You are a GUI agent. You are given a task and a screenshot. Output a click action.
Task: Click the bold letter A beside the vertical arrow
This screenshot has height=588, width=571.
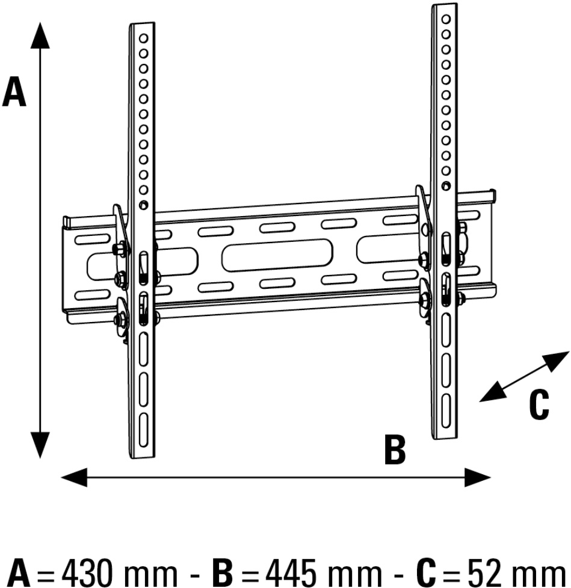[14, 94]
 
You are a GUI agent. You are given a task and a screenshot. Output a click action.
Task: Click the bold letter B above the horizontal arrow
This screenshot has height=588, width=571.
[395, 450]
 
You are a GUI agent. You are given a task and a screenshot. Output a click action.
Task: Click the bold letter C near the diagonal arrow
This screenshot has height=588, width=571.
[539, 405]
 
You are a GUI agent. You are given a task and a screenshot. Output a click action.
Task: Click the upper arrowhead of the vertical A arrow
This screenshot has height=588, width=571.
[40, 36]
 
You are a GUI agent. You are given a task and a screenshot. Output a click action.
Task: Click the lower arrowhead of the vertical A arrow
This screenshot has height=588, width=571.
[40, 445]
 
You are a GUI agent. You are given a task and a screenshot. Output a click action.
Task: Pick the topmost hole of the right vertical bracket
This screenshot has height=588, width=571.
[446, 19]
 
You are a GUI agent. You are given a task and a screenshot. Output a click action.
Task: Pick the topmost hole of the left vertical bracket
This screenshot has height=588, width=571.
[143, 37]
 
